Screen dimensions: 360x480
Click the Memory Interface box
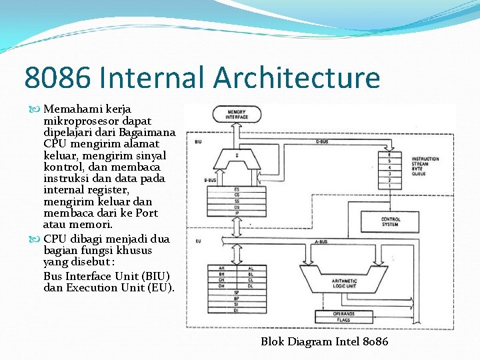[x=237, y=115]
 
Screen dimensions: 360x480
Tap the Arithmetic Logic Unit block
[x=344, y=283]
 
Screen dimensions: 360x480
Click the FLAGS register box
[x=344, y=321]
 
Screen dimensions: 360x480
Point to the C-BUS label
[x=321, y=141]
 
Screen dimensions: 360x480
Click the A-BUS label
[x=320, y=241]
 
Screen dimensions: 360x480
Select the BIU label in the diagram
[x=199, y=142]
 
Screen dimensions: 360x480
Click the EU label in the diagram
[x=198, y=241]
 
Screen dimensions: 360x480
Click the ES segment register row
[x=237, y=189]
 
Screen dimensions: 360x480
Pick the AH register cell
[x=221, y=268]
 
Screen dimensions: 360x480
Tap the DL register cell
[x=251, y=286]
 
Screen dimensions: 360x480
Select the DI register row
[x=236, y=310]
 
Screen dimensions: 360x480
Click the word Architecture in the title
[x=297, y=77]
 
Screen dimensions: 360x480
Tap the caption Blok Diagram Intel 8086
[x=324, y=342]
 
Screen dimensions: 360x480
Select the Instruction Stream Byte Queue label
[x=425, y=165]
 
